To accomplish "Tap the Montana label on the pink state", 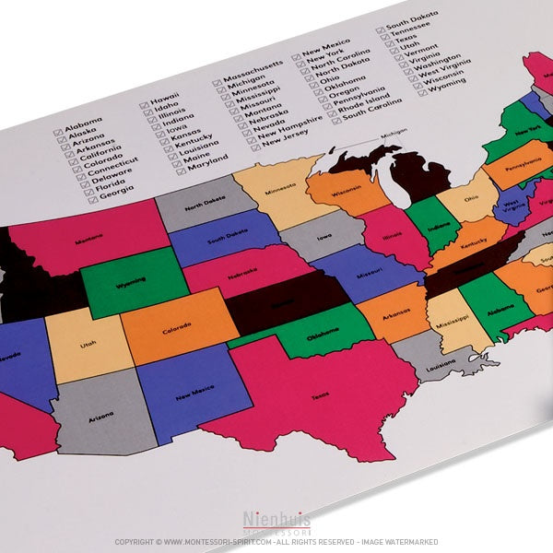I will point(89,237).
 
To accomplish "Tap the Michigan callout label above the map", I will point(394,133).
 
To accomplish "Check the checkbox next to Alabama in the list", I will point(58,133).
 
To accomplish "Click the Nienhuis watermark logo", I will point(276,523).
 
